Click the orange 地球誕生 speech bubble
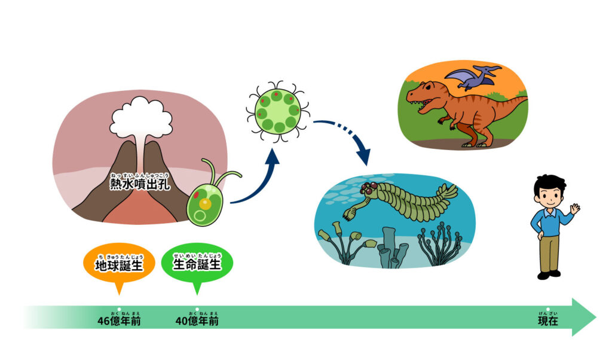(119, 263)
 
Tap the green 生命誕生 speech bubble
(197, 263)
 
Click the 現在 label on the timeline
(547, 321)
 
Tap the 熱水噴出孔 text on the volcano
(140, 182)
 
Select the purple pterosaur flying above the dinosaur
(472, 77)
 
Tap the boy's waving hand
(574, 209)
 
